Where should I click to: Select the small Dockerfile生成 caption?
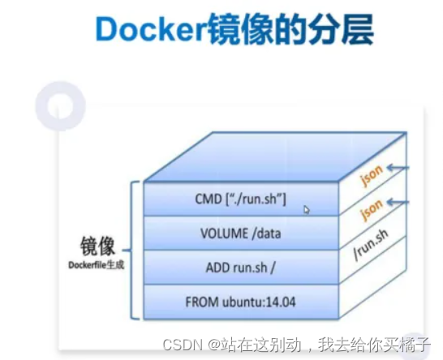(x=97, y=264)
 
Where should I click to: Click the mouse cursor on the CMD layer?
(x=307, y=209)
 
